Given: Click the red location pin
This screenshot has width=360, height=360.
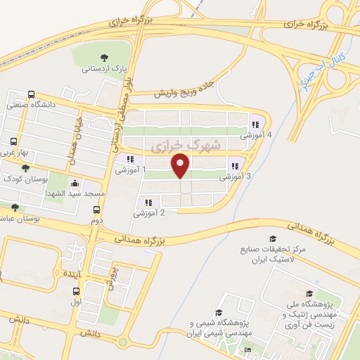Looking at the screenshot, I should [181, 167].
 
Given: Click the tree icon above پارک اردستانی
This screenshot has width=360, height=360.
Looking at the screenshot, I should [104, 58].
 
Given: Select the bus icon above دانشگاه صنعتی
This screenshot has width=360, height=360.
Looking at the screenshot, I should [31, 95].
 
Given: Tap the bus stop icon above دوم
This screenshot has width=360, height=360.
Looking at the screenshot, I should [97, 210].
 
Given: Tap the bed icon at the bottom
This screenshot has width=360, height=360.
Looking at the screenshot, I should [246, 350].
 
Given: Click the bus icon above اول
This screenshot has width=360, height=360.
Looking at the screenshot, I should [77, 290].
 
